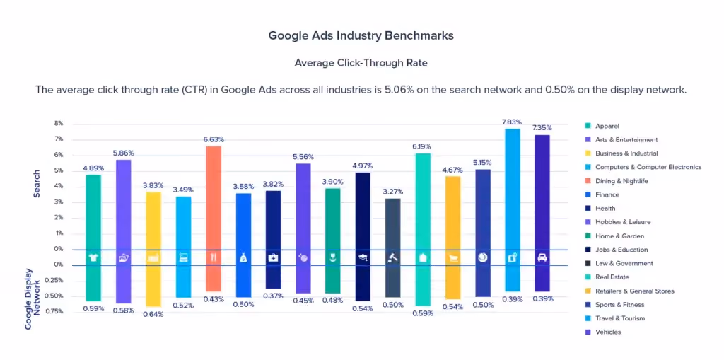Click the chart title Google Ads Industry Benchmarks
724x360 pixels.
pos(361,35)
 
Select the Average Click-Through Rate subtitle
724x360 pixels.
pos(361,64)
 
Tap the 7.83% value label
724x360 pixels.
pos(512,122)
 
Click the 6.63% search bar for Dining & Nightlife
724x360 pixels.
pos(214,198)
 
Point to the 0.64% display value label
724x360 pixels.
pos(153,314)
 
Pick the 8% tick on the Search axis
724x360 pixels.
pos(59,124)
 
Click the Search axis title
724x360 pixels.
pos(37,184)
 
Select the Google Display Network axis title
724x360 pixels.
pos(33,299)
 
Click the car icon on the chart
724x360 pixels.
pos(542,258)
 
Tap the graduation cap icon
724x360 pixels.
pos(363,258)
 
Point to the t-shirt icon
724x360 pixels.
pos(93,258)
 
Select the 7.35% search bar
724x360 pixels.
pos(542,192)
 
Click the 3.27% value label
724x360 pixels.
pos(393,192)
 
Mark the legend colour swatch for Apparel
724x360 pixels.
pos(587,126)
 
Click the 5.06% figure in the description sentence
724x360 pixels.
pos(400,90)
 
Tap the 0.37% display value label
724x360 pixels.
pos(273,296)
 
